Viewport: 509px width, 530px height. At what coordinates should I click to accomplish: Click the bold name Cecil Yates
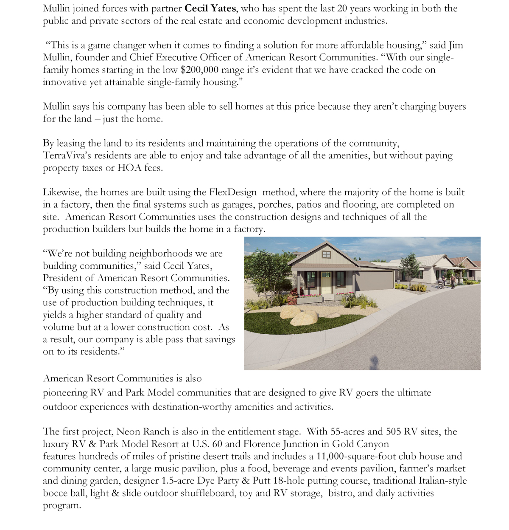tap(210, 8)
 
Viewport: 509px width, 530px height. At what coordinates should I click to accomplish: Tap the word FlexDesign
tap(233, 192)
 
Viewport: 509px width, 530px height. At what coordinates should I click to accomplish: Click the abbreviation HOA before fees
tap(129, 168)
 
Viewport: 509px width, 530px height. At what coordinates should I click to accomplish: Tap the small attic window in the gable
tap(326, 254)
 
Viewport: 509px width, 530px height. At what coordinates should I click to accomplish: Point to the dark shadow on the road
tap(374, 362)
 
